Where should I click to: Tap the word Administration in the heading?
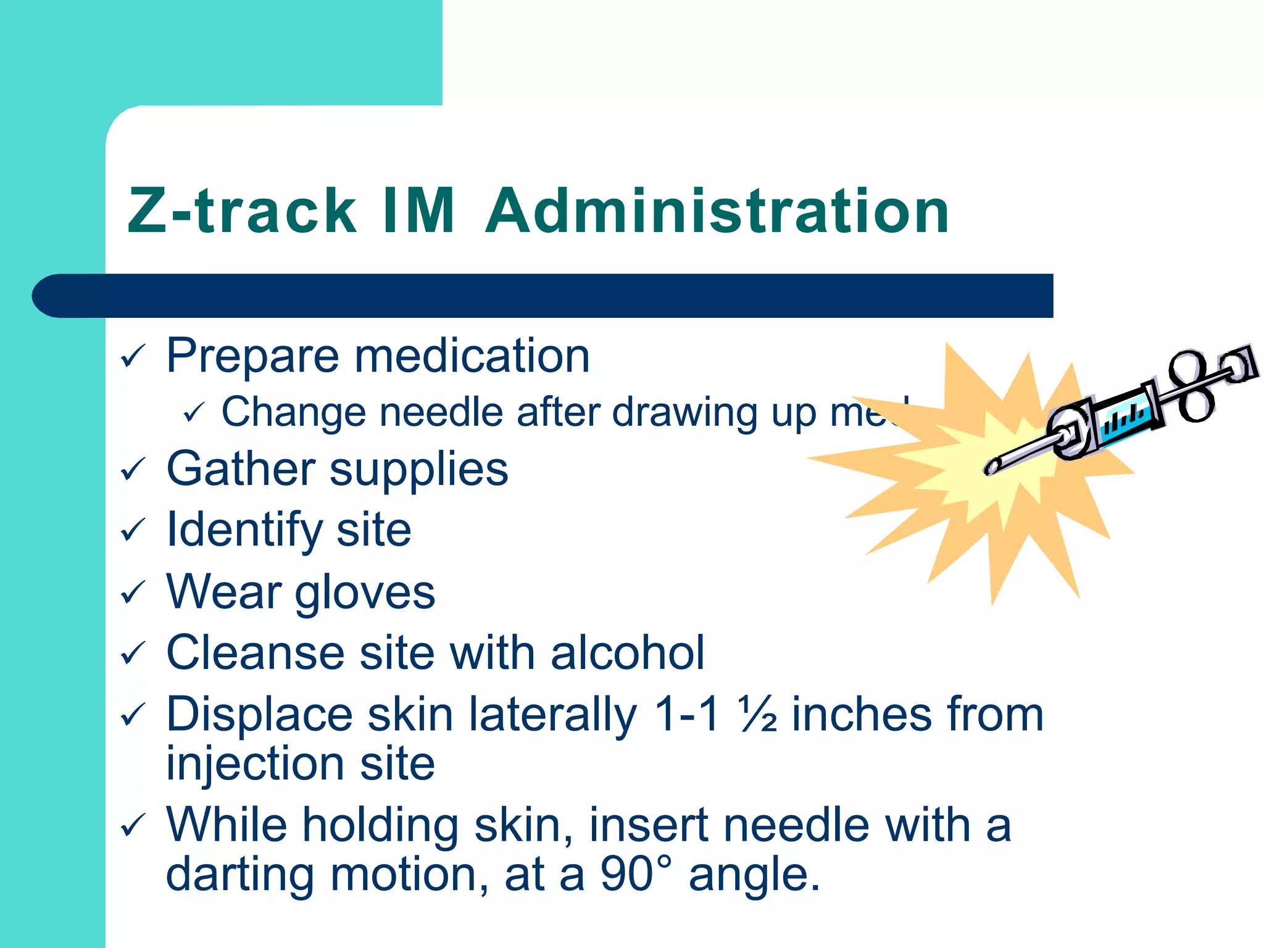click(717, 211)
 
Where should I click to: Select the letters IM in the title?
click(418, 211)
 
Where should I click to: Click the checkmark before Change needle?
click(193, 412)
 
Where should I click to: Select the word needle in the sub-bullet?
click(441, 412)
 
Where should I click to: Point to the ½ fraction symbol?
click(758, 714)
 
